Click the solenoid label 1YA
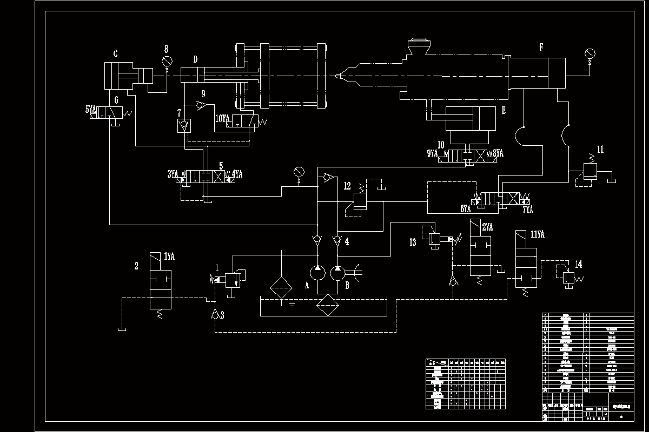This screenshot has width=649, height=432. pyautogui.click(x=170, y=256)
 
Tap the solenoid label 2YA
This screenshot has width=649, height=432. pyautogui.click(x=487, y=227)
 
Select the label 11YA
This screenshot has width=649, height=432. pyautogui.click(x=537, y=234)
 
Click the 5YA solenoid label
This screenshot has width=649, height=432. pyautogui.click(x=91, y=110)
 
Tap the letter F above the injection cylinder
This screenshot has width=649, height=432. pyautogui.click(x=541, y=47)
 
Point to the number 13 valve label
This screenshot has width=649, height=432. pyautogui.click(x=413, y=242)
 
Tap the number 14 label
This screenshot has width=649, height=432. pyautogui.click(x=579, y=264)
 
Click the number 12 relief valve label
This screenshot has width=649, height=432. pyautogui.click(x=347, y=186)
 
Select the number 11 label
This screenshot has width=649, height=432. pyautogui.click(x=600, y=150)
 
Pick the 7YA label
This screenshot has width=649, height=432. pyautogui.click(x=527, y=209)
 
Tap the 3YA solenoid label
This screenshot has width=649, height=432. pyautogui.click(x=173, y=174)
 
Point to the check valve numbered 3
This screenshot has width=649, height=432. pyautogui.click(x=215, y=315)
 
